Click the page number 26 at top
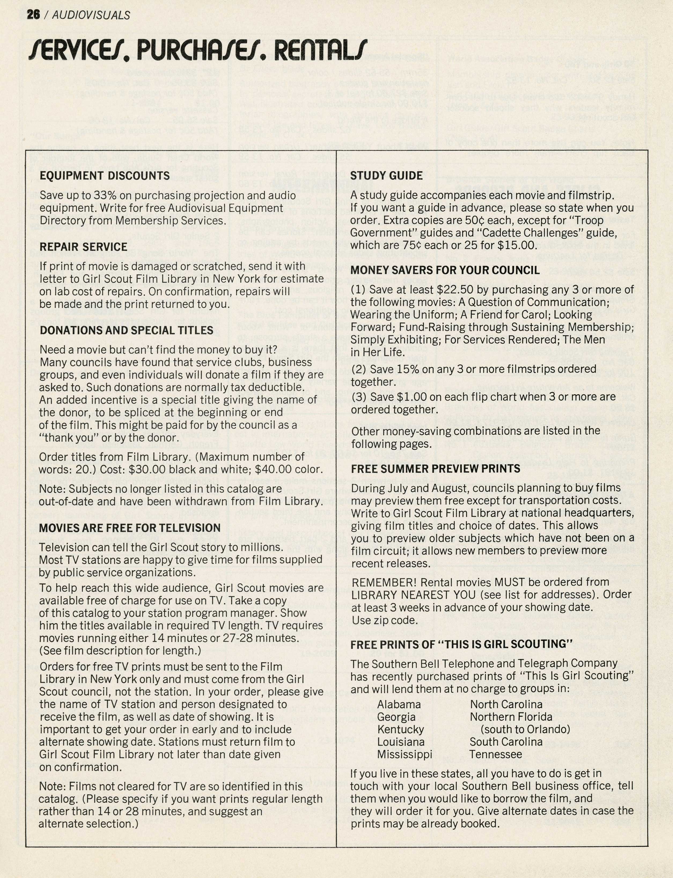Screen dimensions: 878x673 pyautogui.click(x=33, y=15)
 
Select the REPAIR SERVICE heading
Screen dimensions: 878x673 pyautogui.click(x=83, y=247)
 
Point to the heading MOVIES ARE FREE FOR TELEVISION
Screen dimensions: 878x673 pyautogui.click(x=130, y=528)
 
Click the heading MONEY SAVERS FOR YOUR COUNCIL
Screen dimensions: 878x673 pyautogui.click(x=445, y=270)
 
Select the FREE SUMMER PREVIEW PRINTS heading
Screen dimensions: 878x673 pyautogui.click(x=435, y=469)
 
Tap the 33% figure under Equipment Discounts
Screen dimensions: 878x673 pyautogui.click(x=105, y=195)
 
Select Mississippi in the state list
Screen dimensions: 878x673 pyautogui.click(x=404, y=754)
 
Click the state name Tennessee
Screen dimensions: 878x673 pyautogui.click(x=495, y=754)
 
